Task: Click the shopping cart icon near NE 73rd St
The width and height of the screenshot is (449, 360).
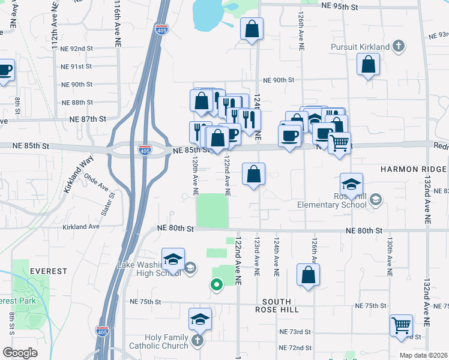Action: [401, 325]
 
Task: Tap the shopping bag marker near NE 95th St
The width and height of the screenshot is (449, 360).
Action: [252, 28]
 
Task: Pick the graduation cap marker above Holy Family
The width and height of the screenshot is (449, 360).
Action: [200, 319]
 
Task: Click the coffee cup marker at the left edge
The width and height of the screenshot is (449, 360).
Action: [5, 69]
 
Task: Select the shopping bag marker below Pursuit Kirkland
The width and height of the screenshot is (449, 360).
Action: [368, 64]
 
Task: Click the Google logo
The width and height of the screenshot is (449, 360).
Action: [20, 353]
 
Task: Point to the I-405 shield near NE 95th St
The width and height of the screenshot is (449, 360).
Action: [161, 29]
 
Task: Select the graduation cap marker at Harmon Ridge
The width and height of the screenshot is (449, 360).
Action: [351, 184]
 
